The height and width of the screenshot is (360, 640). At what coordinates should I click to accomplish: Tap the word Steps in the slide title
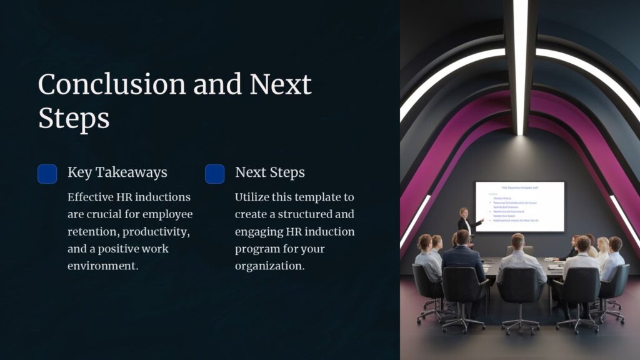(74, 117)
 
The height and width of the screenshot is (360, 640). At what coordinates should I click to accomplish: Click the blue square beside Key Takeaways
(47, 174)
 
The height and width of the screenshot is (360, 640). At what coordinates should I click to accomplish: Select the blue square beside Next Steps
(215, 174)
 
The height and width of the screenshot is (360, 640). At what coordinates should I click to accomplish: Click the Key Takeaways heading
(117, 172)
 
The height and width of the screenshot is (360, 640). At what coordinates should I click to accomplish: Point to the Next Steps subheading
(270, 172)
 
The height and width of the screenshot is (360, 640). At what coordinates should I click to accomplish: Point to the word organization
(270, 266)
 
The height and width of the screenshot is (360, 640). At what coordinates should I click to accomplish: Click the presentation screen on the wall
(519, 206)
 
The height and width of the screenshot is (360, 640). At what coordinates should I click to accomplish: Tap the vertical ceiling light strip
(520, 62)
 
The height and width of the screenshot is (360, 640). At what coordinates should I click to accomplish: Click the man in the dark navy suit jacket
(462, 256)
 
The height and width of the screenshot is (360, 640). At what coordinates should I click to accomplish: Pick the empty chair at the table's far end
(511, 250)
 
